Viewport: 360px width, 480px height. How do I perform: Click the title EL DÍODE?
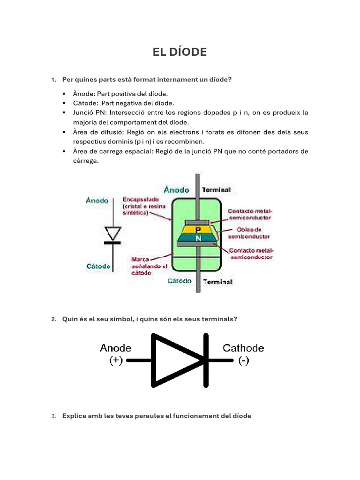(x=180, y=52)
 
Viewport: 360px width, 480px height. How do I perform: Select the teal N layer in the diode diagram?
(x=197, y=238)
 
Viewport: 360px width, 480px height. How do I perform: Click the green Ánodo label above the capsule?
(x=177, y=190)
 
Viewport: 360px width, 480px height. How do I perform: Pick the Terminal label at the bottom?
(x=217, y=282)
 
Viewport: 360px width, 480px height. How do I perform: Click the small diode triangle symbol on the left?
(x=112, y=233)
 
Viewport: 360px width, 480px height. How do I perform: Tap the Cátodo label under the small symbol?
(x=98, y=267)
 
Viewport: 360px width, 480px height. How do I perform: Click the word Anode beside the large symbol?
(x=116, y=348)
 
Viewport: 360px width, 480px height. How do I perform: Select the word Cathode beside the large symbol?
(x=243, y=348)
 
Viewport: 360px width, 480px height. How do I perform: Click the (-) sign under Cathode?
(x=243, y=361)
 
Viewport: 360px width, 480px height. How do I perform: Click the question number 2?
(x=53, y=319)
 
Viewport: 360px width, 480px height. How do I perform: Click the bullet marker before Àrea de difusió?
(x=64, y=132)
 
